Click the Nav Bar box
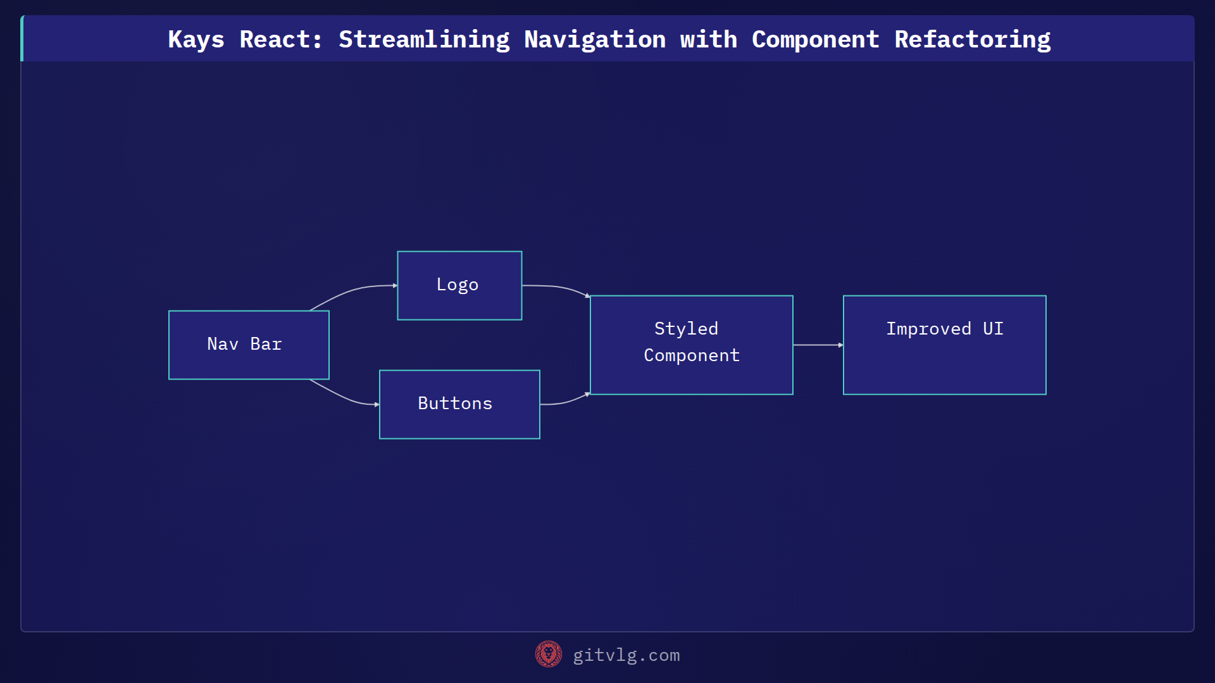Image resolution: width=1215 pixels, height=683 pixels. coord(249,345)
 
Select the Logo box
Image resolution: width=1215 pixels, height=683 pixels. coord(459,285)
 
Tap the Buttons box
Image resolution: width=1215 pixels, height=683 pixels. coord(459,404)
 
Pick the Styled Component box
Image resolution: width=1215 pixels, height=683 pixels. coord(691,345)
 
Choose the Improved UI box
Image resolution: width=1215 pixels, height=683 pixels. coord(944,345)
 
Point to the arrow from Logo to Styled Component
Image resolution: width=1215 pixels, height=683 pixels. coord(557,287)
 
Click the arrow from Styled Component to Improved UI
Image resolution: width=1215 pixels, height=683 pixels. coord(818,345)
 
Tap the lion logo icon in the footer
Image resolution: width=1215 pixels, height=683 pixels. coord(548,654)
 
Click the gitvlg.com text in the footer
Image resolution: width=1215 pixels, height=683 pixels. coord(626,655)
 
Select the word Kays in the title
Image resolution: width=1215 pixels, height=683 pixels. coord(196,39)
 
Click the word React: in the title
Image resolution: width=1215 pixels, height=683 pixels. coord(281,39)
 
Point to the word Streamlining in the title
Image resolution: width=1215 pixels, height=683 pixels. coord(424,39)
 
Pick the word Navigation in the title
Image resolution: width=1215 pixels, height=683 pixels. coord(595,39)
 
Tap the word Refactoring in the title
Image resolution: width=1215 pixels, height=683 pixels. coord(972,39)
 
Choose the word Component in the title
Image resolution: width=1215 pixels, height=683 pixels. coord(815,39)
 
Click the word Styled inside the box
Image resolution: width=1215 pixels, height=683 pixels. coord(686,329)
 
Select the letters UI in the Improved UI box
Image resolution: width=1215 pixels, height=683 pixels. coord(993,329)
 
